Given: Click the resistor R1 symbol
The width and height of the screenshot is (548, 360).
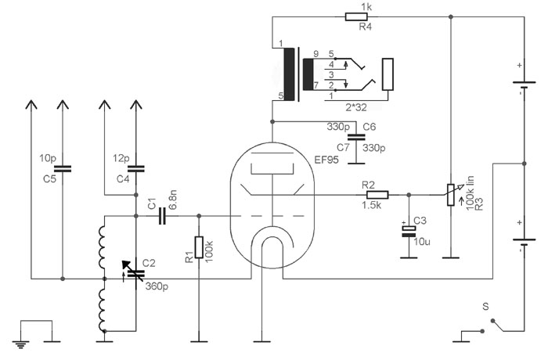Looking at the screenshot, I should (199, 247).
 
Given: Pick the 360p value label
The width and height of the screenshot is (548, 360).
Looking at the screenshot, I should (157, 287).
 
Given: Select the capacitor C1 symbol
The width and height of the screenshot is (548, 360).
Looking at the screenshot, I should (163, 216).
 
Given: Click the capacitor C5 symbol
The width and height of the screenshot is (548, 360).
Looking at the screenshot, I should (62, 167).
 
